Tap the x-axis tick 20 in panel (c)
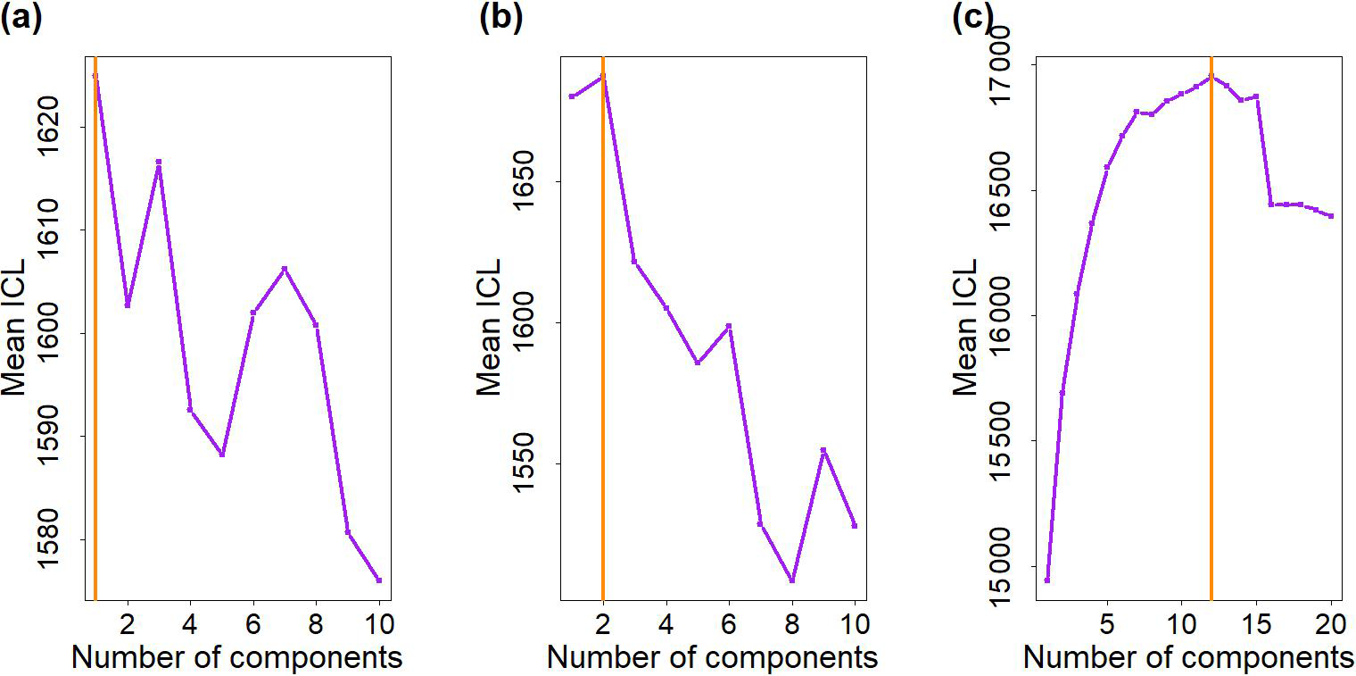pyautogui.click(x=1330, y=621)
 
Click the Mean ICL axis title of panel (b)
pyautogui.click(x=489, y=327)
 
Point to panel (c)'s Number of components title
pyautogui.click(x=1188, y=658)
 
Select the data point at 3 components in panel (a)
pyautogui.click(x=159, y=163)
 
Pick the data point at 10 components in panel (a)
pyautogui.click(x=379, y=580)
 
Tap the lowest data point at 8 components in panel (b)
pyautogui.click(x=792, y=580)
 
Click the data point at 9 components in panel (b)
pyautogui.click(x=823, y=450)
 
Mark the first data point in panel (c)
pyautogui.click(x=1047, y=580)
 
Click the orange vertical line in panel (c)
pyautogui.click(x=1211, y=357)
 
